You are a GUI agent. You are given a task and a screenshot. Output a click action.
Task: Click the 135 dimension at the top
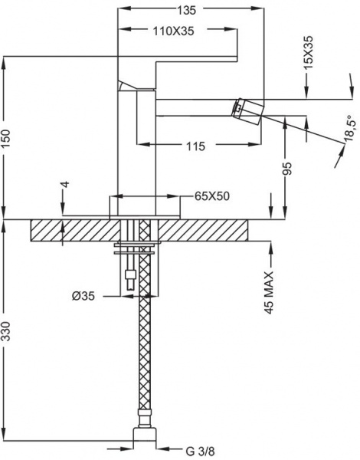tap(186, 10)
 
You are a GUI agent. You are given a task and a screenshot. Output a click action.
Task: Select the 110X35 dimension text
tap(173, 31)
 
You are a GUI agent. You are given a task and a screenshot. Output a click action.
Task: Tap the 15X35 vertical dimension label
tap(309, 52)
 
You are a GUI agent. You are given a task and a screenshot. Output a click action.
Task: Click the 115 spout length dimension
tap(195, 146)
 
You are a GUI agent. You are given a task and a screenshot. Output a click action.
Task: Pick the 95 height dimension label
tap(288, 168)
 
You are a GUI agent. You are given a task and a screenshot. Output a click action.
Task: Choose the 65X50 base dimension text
tap(212, 196)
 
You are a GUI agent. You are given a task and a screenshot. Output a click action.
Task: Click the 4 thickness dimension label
tap(66, 184)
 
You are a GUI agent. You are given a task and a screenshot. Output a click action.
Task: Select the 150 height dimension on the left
tap(5, 139)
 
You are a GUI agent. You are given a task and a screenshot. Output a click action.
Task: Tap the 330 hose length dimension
tap(5, 331)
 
